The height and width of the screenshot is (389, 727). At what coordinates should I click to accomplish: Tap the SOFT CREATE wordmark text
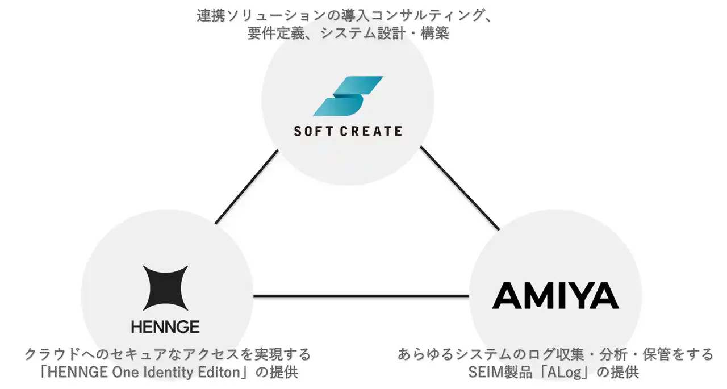click(348, 131)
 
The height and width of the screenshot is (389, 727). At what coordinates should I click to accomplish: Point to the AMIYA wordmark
click(555, 296)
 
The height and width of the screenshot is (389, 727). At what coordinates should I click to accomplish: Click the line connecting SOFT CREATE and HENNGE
click(246, 186)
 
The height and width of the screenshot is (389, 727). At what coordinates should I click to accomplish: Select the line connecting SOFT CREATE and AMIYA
click(459, 188)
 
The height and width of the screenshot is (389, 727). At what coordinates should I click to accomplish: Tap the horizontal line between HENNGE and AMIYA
click(361, 296)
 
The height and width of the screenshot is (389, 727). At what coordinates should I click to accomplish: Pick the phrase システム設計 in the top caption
click(366, 34)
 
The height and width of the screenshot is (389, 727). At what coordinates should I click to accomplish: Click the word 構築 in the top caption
click(435, 34)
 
